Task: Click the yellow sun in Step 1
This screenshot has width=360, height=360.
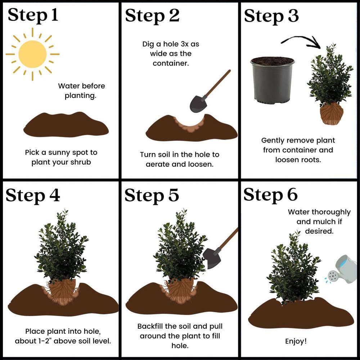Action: pos(32,54)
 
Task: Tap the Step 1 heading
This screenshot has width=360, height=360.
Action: pos(33,15)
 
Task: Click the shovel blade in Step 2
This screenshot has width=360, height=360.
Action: pos(198,104)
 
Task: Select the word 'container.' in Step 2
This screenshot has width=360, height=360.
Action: pos(171,63)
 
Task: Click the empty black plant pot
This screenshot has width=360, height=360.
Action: pos(272,80)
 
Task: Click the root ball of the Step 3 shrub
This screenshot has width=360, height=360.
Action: pos(332,114)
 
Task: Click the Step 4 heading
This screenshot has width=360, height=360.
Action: pos(33,195)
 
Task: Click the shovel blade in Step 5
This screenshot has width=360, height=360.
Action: pos(212,258)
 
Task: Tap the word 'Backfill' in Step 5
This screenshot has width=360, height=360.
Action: pos(150,326)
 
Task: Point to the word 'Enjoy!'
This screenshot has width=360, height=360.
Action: pos(296,341)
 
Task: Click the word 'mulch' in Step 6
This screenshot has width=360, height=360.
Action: pos(324,221)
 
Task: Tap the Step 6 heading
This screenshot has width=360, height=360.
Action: pos(271,195)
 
